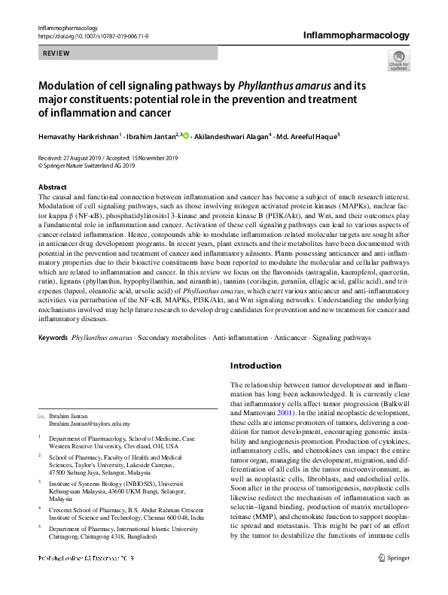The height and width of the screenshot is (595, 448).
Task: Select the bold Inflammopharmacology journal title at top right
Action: pyautogui.click(x=356, y=35)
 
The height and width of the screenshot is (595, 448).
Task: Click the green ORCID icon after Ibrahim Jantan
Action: pyautogui.click(x=187, y=136)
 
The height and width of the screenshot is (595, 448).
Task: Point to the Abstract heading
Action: pyautogui.click(x=52, y=186)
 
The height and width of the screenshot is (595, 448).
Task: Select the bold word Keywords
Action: pyautogui.click(x=52, y=337)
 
